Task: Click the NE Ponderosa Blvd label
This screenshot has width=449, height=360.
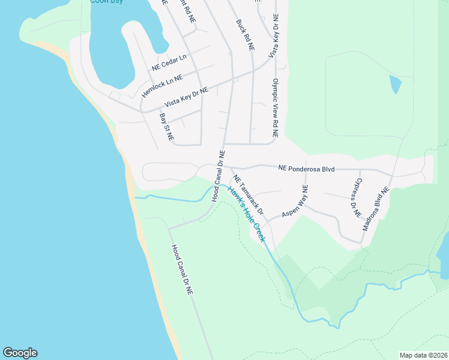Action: [x=306, y=169]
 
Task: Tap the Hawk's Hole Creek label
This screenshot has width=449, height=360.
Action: [x=245, y=213]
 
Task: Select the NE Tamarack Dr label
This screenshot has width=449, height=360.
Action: [x=249, y=196]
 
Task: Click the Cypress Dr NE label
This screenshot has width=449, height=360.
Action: [x=358, y=197]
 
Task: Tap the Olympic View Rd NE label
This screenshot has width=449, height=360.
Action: [x=276, y=109]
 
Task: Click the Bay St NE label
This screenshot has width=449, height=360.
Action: [x=166, y=127]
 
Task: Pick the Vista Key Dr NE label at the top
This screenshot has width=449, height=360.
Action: [x=273, y=35]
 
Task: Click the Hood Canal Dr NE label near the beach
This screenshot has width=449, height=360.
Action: [x=181, y=269]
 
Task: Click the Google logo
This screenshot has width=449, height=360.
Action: [x=20, y=353]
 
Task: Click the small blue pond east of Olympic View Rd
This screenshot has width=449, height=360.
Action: [x=394, y=84]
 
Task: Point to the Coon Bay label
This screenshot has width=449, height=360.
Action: [x=107, y=2]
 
